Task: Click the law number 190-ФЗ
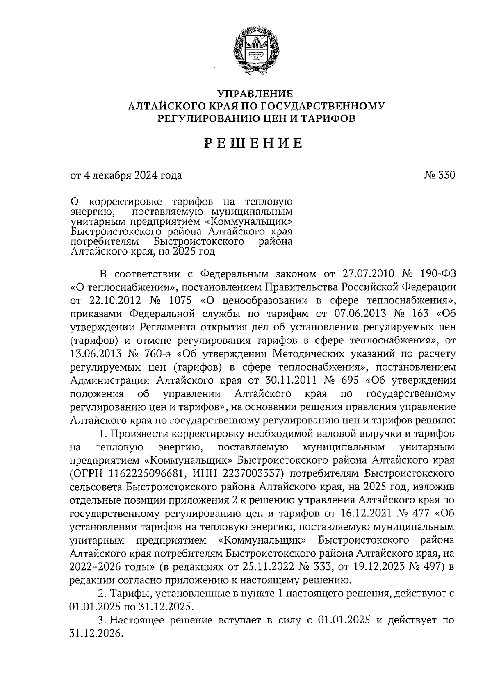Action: [436, 274]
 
